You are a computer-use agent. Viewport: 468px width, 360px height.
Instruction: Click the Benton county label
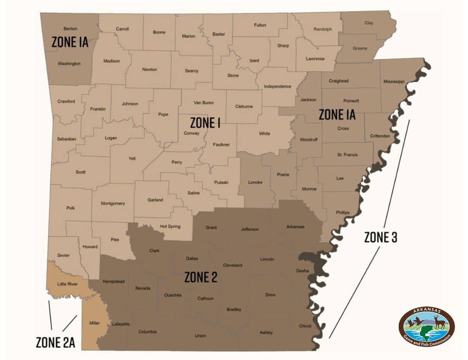click(70, 29)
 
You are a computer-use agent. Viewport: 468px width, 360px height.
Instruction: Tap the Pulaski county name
click(221, 182)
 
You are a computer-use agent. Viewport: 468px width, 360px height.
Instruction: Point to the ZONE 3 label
click(380, 237)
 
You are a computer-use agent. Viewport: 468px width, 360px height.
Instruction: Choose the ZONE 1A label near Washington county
click(70, 42)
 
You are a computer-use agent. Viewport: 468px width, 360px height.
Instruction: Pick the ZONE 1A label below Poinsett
click(337, 114)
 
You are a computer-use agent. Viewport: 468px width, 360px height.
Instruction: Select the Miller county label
click(94, 323)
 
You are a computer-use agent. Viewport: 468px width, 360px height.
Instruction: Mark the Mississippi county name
click(393, 81)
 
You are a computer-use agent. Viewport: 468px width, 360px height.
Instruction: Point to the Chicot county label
click(305, 326)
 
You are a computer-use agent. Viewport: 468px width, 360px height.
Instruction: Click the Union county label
click(200, 336)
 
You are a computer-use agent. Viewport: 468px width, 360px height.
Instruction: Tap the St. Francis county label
click(347, 155)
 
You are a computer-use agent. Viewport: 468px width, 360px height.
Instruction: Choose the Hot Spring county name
click(169, 226)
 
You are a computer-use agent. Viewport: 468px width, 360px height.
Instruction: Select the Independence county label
click(277, 86)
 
